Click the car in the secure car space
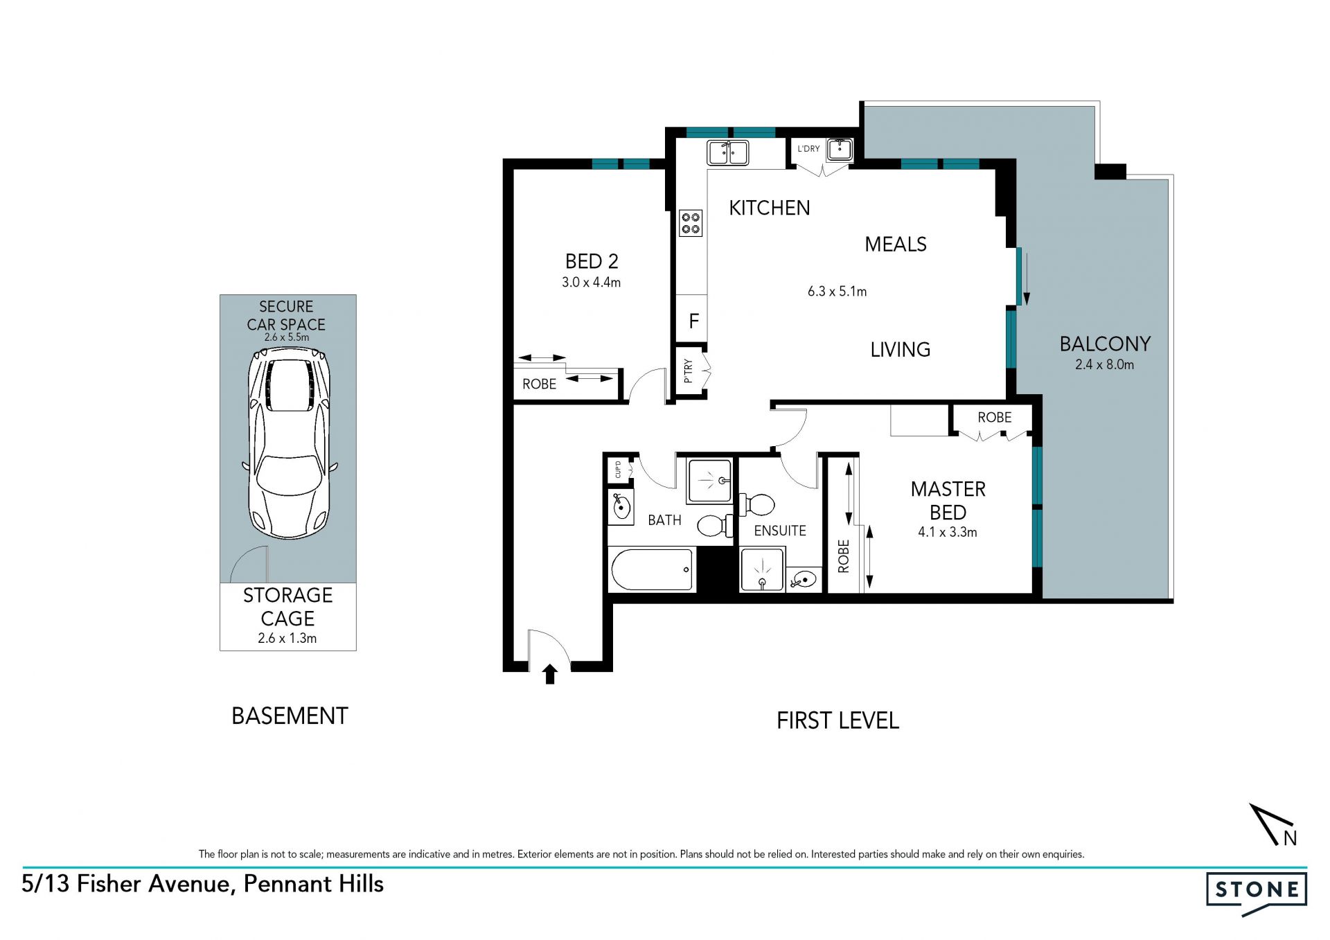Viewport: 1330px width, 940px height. (x=289, y=444)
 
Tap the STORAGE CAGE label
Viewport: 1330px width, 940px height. (x=287, y=607)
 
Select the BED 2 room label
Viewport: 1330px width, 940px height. (x=592, y=261)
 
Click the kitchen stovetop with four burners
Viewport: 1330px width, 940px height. (x=691, y=223)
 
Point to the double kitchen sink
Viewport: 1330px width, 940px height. (x=727, y=152)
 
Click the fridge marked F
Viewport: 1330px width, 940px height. (x=693, y=321)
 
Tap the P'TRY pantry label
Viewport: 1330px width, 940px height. (x=688, y=371)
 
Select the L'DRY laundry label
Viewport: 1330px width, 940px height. (x=808, y=149)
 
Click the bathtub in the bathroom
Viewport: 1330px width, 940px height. (x=653, y=569)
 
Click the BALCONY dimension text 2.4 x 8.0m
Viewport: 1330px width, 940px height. (x=1104, y=364)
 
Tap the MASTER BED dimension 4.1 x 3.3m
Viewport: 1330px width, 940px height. (x=948, y=532)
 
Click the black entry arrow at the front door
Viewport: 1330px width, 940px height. (x=550, y=674)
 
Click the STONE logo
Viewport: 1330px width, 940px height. (x=1257, y=892)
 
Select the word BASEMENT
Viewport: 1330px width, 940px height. (x=290, y=716)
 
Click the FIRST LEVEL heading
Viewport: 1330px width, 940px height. (x=837, y=720)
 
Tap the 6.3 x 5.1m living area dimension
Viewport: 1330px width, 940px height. (x=837, y=292)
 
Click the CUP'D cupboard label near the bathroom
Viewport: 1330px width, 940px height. (x=618, y=469)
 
